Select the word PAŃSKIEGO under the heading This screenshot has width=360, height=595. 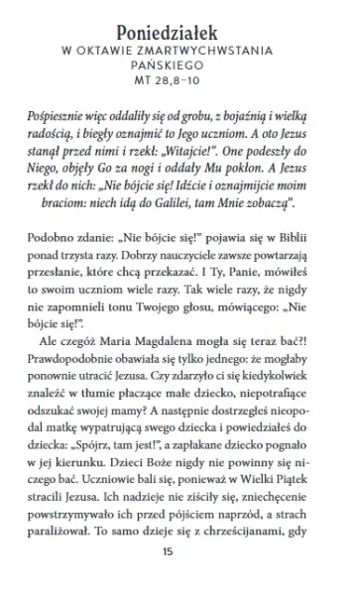[x=180, y=64]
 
